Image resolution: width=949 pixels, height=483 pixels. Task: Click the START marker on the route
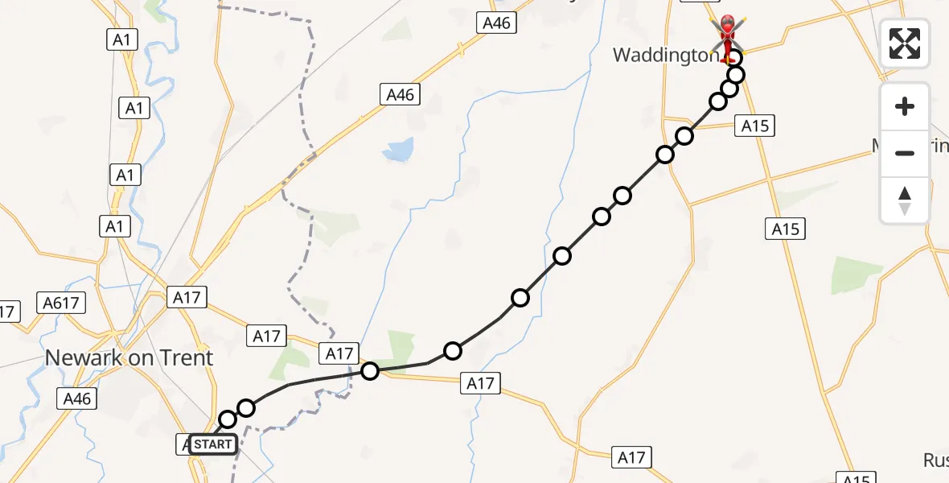click(213, 444)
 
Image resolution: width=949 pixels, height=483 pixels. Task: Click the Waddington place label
click(665, 55)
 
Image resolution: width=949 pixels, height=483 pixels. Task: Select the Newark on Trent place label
click(129, 357)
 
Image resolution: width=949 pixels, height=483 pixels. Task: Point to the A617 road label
click(61, 303)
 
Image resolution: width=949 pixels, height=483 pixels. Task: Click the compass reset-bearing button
click(905, 200)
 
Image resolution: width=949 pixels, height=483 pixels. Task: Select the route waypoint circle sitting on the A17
click(370, 371)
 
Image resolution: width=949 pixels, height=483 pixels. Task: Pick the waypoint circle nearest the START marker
click(228, 419)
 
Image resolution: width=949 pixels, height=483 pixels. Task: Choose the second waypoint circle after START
click(246, 408)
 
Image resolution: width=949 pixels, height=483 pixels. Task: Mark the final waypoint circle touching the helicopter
click(733, 57)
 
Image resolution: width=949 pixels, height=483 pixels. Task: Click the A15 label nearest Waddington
click(755, 126)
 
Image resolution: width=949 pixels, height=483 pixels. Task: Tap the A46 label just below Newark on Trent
click(77, 398)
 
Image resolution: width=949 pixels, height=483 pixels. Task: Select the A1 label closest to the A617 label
click(115, 227)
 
